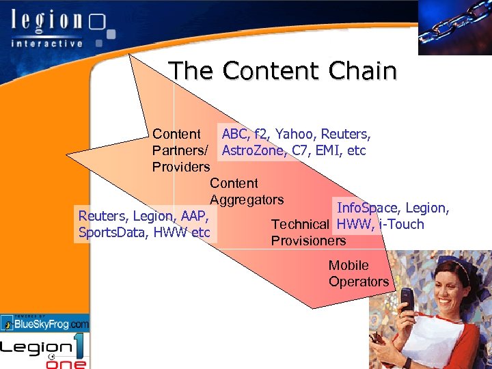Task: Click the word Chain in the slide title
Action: (363, 71)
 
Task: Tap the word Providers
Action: (180, 167)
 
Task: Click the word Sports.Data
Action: (114, 233)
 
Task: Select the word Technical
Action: (300, 224)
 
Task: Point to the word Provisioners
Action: (308, 241)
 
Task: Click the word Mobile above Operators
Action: (348, 265)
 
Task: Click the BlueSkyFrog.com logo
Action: (45, 323)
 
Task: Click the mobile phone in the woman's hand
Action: (407, 298)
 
